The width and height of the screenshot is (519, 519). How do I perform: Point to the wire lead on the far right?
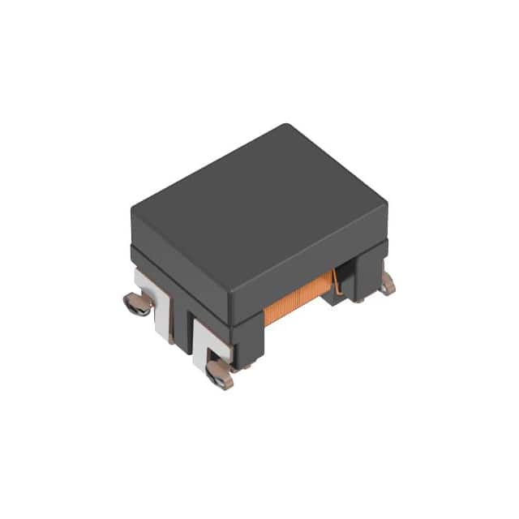tap(390, 282)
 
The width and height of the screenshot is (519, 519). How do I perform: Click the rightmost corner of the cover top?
tap(386, 195)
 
